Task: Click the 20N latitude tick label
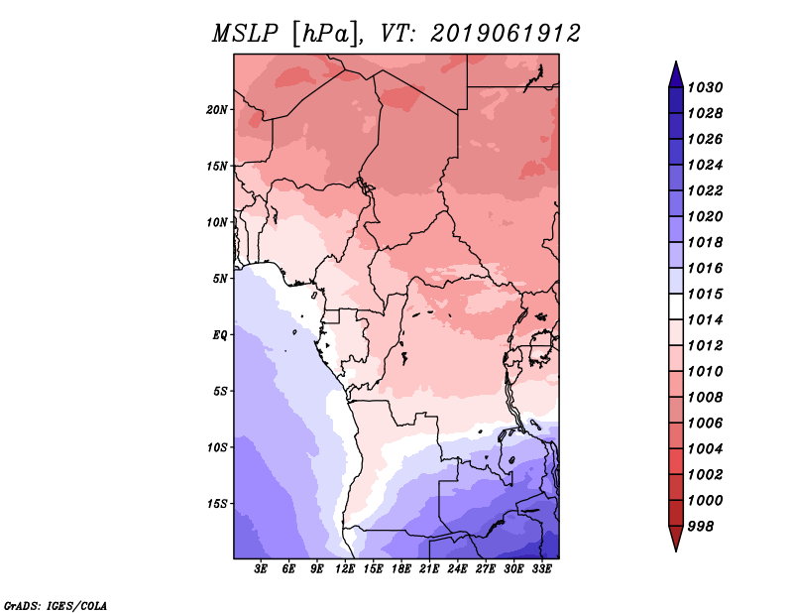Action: point(217,109)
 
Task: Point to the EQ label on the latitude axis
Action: point(220,334)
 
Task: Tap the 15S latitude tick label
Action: point(217,503)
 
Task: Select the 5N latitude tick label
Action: point(220,278)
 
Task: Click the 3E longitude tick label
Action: point(262,569)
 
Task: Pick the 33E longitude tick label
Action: point(541,569)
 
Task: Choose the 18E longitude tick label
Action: point(401,569)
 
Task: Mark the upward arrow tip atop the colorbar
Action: point(675,64)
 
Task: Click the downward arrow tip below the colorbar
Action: point(675,548)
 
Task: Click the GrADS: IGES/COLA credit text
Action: point(56,604)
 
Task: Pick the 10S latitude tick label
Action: point(217,447)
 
